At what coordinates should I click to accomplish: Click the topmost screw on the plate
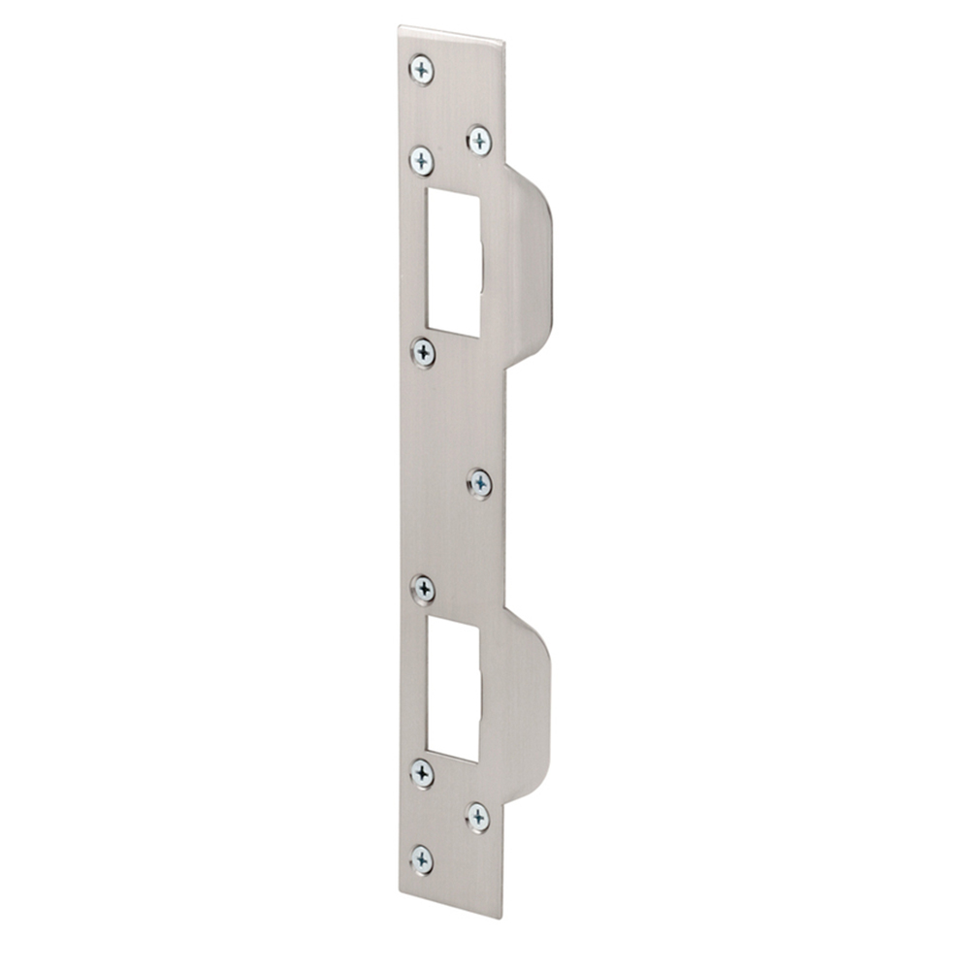coord(422,70)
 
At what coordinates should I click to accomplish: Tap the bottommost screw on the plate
coord(422,859)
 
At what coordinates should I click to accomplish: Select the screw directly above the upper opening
coord(421,160)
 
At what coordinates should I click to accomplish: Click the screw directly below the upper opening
coord(423,352)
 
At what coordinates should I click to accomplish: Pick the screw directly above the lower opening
coord(423,589)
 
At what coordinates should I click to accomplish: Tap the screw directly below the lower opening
coord(422,773)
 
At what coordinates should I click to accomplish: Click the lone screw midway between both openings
coord(479,483)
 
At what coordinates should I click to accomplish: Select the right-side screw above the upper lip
coord(479,141)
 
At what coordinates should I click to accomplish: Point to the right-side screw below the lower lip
coord(478,817)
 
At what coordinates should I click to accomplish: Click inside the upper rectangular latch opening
coord(453,262)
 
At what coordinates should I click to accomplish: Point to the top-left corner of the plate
coord(400,28)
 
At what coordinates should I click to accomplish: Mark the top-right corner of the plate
coord(504,43)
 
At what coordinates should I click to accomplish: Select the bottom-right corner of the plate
coord(502,918)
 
